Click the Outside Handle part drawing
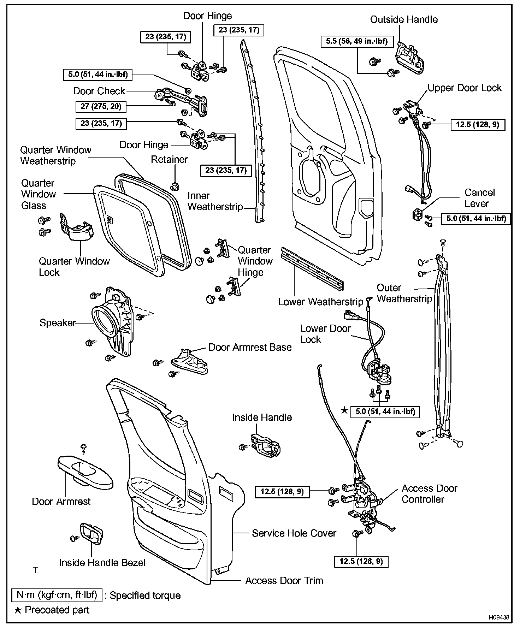pos(410,58)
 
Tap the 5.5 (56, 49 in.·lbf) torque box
pos(357,41)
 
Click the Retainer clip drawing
pos(174,185)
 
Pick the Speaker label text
pos(58,322)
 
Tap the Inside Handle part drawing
pos(265,444)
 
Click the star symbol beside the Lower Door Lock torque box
pos(344,410)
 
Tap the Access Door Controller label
pos(429,494)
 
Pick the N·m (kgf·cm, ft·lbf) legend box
pos(57,595)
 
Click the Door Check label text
pos(99,91)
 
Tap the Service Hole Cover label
pos(294,533)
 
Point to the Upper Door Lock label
pos(465,88)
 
